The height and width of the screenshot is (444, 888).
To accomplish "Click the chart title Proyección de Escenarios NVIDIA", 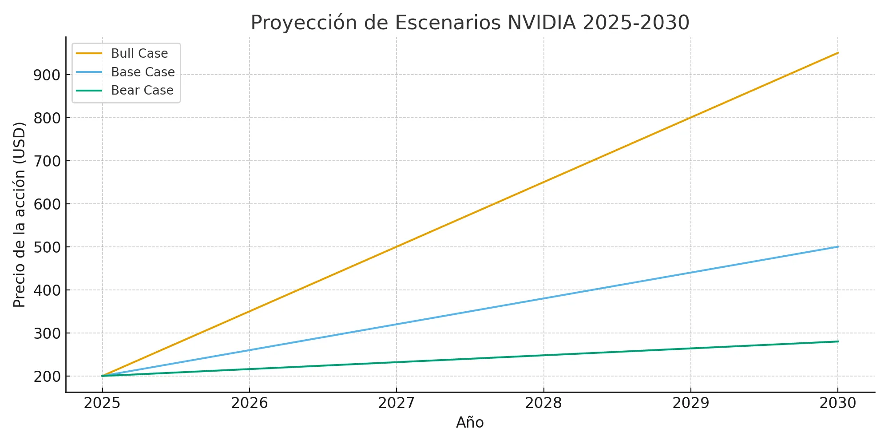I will (470, 23).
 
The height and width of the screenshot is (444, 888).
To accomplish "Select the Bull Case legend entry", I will (139, 53).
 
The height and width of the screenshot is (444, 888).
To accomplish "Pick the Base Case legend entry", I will (143, 72).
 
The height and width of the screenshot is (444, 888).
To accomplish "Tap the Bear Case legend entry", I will (142, 90).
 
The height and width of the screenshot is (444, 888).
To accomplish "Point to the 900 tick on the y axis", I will (47, 75).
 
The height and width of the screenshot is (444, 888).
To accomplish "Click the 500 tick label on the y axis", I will (47, 247).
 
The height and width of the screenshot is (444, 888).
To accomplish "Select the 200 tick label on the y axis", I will (47, 376).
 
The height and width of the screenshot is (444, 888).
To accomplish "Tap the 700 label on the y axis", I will (47, 161).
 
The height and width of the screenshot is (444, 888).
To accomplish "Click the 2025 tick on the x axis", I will (102, 403).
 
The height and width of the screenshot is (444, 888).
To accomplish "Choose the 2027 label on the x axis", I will (396, 403).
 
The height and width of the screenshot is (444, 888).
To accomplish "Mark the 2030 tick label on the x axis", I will (838, 403).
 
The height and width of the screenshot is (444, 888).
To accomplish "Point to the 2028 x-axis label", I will (543, 403).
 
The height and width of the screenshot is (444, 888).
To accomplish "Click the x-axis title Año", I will (470, 422).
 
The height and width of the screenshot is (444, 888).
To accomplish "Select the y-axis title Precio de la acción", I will (20, 214).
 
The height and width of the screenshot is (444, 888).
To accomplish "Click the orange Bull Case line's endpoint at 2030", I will (838, 53).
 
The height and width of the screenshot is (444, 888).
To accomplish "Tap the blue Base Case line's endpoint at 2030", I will (838, 246).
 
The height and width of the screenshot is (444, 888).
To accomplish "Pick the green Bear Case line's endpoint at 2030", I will (838, 341).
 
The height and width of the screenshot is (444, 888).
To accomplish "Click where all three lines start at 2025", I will (103, 376).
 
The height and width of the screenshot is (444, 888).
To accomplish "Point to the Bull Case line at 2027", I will (396, 246).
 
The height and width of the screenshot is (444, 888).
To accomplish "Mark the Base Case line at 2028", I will (543, 298).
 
